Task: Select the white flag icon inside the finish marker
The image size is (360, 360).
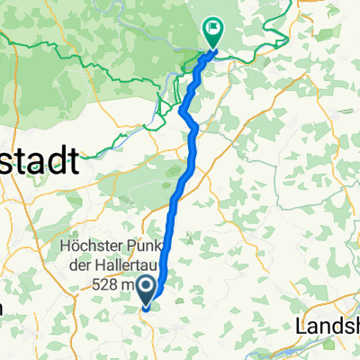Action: (213, 28)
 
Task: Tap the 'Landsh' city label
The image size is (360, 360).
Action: (328, 323)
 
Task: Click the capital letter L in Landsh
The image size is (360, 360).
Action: (301, 323)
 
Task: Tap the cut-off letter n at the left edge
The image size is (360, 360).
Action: (3, 309)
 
